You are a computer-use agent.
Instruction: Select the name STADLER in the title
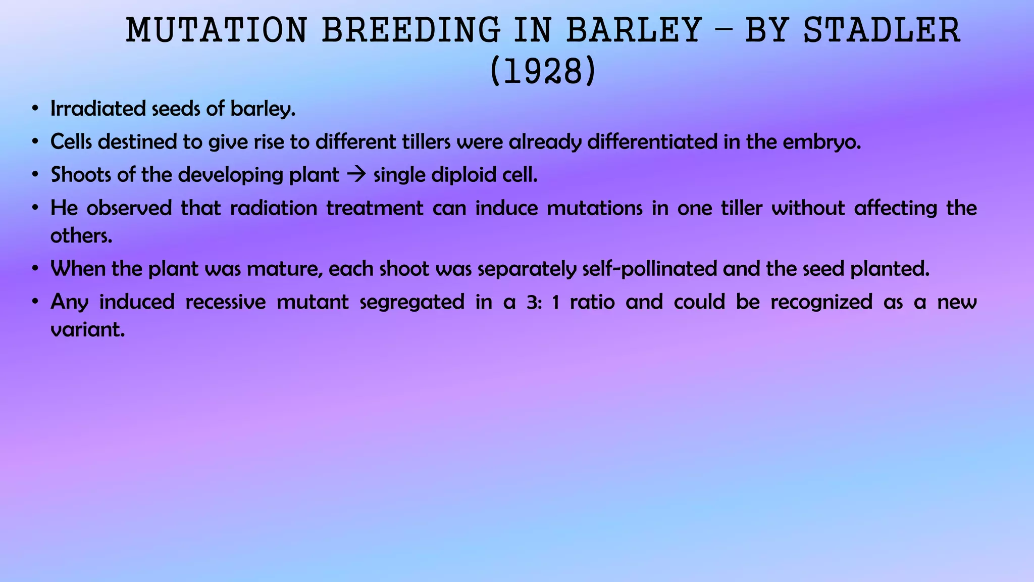click(882, 30)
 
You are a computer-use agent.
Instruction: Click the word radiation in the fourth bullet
click(273, 208)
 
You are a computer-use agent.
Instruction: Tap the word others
click(81, 236)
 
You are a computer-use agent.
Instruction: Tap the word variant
click(87, 330)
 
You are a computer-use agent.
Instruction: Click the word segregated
click(411, 302)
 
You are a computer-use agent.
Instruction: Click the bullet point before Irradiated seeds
click(34, 109)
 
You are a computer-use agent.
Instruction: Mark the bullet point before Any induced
click(34, 302)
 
